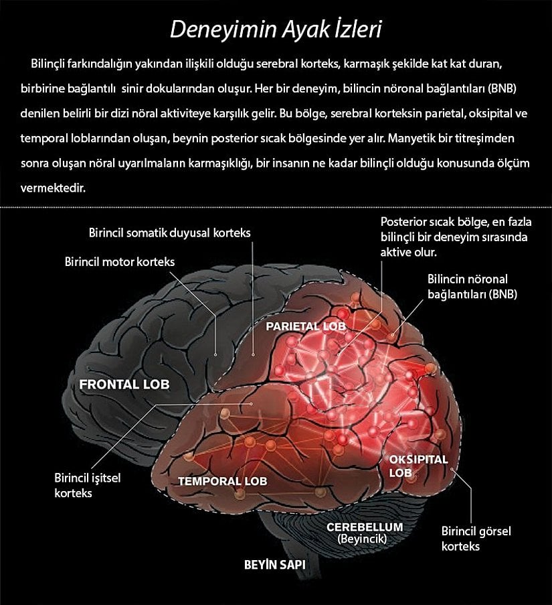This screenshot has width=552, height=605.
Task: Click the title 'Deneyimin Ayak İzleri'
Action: [x=276, y=29]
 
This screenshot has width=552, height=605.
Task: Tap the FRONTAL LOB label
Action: [x=124, y=385]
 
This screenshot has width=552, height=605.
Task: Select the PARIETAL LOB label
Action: [x=306, y=326]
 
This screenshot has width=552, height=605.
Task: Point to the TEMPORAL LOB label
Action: [x=222, y=481]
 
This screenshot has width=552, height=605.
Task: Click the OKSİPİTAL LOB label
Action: [x=418, y=466]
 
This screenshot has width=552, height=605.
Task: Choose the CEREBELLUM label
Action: [x=365, y=527]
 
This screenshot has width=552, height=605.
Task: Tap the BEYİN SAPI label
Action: [x=274, y=565]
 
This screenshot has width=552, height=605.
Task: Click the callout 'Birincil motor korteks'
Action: [x=120, y=262]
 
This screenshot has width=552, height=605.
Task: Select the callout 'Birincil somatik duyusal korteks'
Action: [x=169, y=233]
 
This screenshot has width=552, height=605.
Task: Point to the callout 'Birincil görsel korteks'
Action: [x=476, y=538]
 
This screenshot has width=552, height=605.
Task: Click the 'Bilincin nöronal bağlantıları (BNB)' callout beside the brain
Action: [x=471, y=286]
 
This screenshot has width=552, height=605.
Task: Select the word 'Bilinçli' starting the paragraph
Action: [x=50, y=64]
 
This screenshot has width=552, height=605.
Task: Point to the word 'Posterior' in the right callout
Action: [x=403, y=222]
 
